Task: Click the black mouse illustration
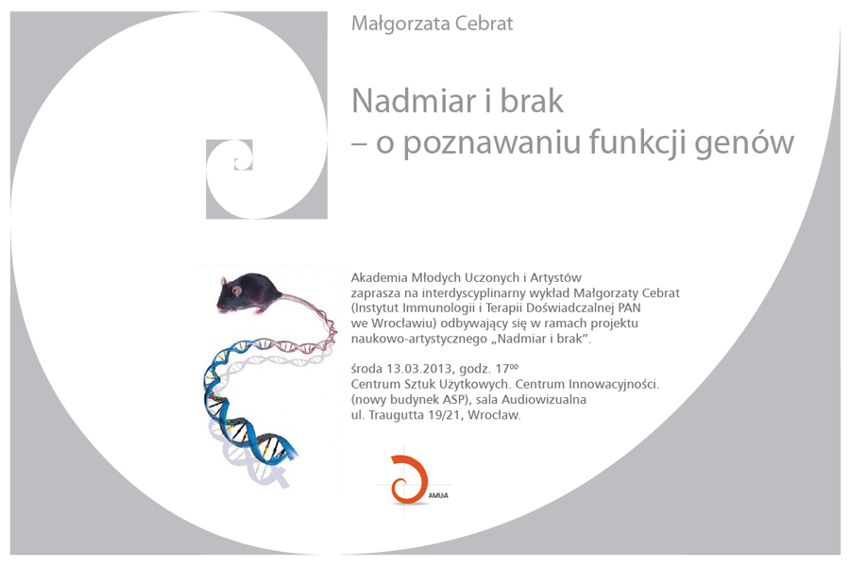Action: [x=249, y=293]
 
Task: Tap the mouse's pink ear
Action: [x=237, y=291]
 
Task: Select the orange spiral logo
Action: [x=408, y=479]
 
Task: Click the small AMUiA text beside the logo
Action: [x=438, y=495]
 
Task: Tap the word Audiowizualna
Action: [x=544, y=400]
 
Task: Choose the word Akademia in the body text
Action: [x=379, y=278]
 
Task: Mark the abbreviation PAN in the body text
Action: [x=628, y=308]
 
